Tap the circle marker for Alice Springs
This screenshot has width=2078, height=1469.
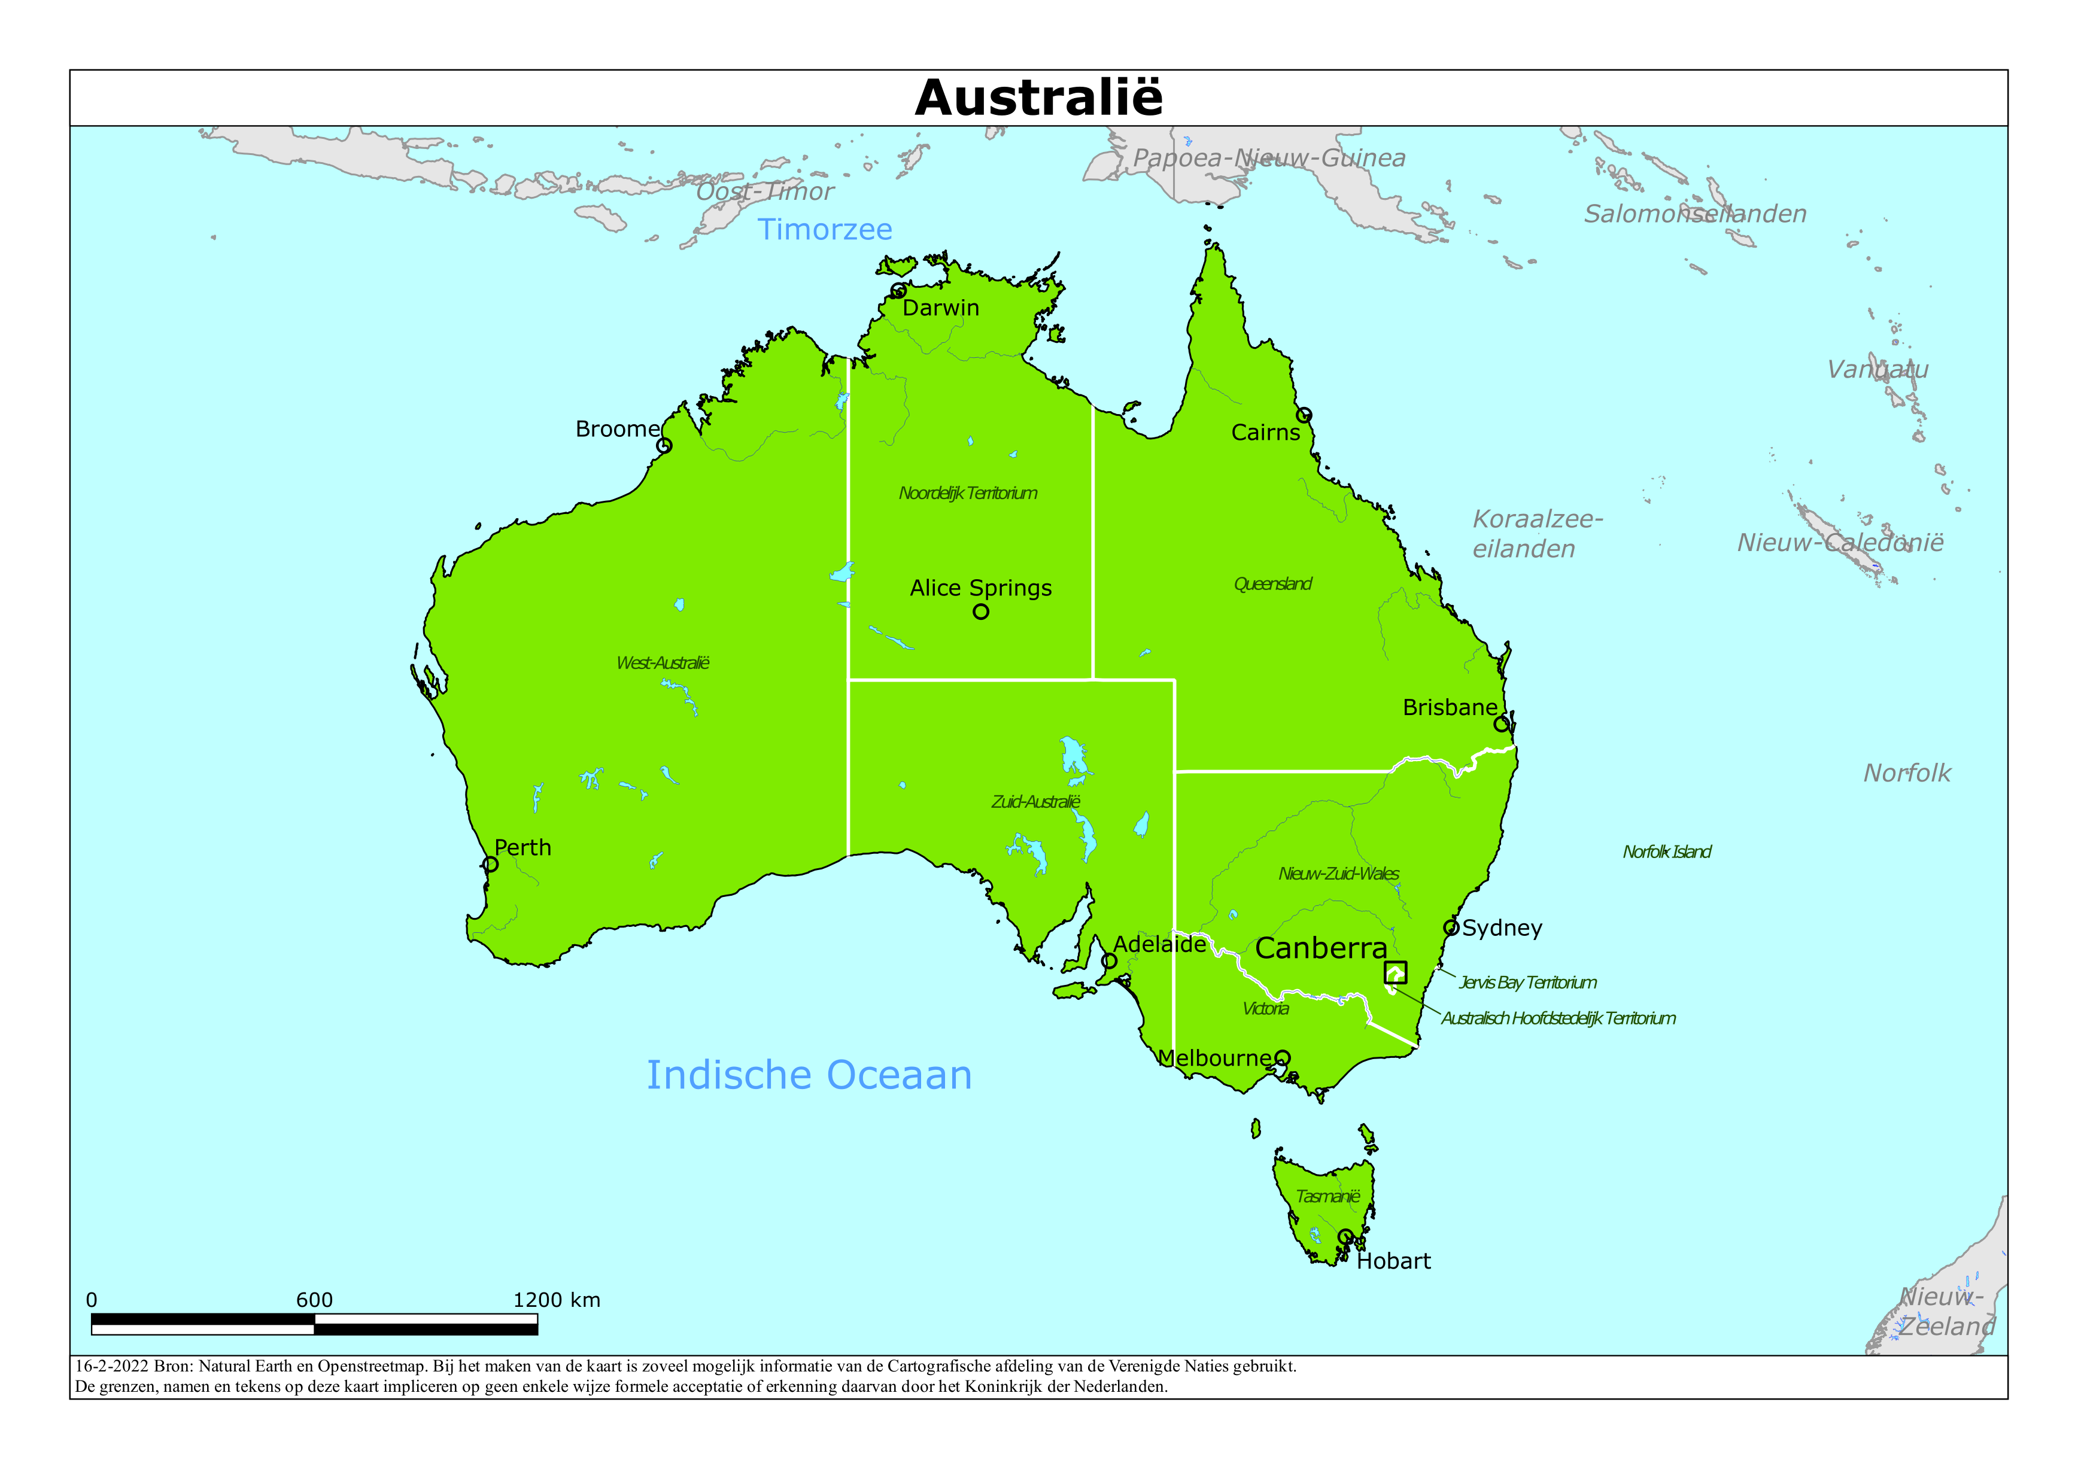[x=980, y=612]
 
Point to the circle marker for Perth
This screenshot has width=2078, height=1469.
[x=491, y=865]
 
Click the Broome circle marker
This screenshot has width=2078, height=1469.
[x=663, y=445]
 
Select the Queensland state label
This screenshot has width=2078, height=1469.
[x=1272, y=584]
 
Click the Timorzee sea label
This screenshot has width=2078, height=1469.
[x=825, y=230]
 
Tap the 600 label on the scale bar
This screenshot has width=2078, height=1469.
[x=314, y=1300]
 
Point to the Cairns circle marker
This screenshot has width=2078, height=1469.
[x=1304, y=415]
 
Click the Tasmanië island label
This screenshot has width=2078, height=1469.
[x=1327, y=1197]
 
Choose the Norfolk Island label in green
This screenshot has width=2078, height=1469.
[x=1666, y=851]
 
